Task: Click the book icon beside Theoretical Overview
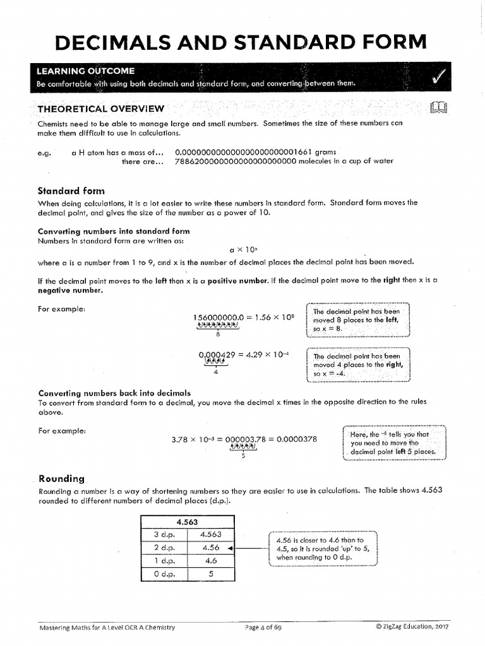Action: coord(438,109)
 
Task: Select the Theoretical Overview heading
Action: coord(101,109)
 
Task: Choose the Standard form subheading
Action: coord(71,191)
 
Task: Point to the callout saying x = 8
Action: coord(358,320)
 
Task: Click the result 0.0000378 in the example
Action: coord(296,439)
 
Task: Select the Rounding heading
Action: coord(62,478)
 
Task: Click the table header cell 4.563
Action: coord(186,522)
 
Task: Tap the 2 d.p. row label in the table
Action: coord(164,548)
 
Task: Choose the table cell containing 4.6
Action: coord(211,560)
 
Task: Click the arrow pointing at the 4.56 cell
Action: coord(231,548)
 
